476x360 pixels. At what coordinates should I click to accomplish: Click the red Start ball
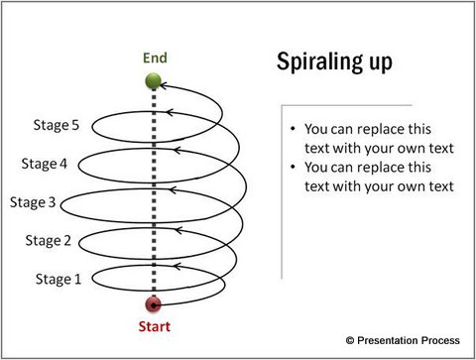tap(153, 304)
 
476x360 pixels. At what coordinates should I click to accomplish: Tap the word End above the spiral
tap(153, 58)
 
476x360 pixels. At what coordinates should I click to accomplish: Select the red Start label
tap(153, 325)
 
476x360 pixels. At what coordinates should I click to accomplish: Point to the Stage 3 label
tap(34, 202)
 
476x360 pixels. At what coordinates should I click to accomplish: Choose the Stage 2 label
tap(49, 240)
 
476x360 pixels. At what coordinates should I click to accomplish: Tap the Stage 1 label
tap(58, 279)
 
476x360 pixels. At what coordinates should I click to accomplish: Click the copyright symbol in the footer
tap(349, 340)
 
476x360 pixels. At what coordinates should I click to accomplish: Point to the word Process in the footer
tap(444, 340)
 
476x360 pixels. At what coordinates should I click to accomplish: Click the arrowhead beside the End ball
tap(169, 85)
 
